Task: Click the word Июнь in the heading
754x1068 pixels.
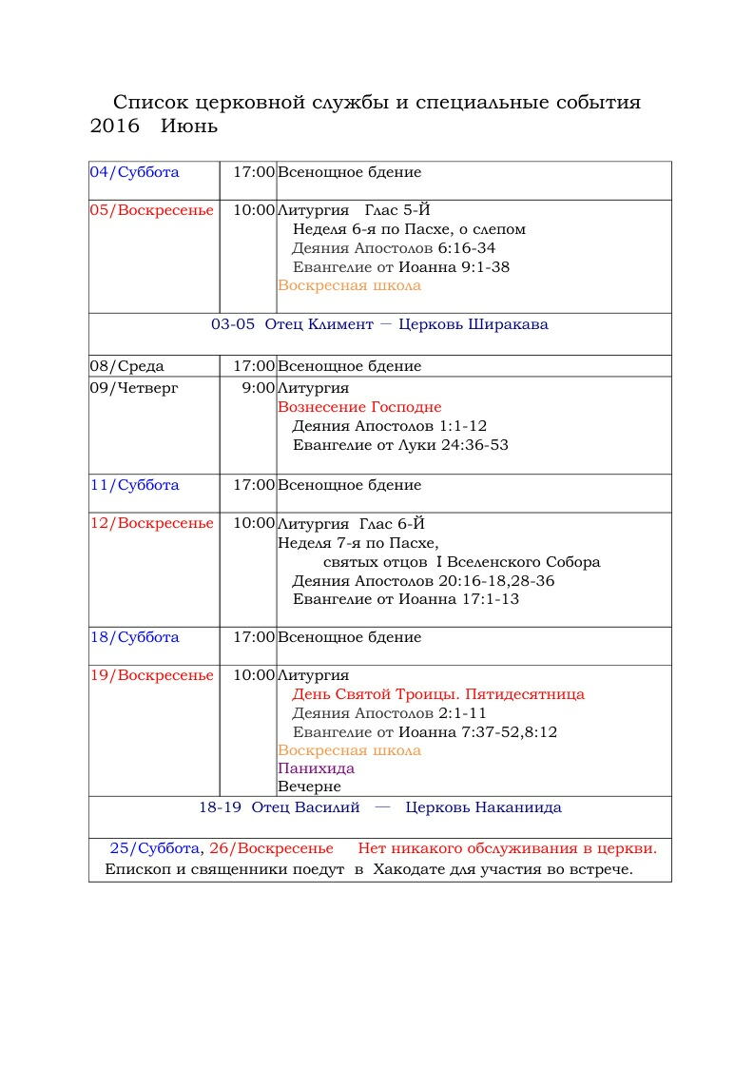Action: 189,126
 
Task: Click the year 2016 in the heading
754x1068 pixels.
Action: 114,126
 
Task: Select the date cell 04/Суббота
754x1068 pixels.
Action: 134,172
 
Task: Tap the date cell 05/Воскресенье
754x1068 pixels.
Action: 152,210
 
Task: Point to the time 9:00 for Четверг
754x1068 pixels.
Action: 258,388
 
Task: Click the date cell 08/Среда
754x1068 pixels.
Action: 126,366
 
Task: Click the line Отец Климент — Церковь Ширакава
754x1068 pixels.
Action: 379,324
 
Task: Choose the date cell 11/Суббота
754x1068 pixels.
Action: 134,485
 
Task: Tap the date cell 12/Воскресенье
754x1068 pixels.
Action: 152,523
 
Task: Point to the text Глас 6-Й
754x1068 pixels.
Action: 392,523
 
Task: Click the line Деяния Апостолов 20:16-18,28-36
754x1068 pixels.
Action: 423,580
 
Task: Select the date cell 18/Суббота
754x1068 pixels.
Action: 134,637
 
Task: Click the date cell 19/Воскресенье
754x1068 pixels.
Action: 152,675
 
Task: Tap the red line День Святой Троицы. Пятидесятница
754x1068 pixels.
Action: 438,694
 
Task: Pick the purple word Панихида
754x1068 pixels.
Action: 316,768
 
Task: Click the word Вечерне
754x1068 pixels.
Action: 309,786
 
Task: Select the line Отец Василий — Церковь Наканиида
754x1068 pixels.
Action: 379,807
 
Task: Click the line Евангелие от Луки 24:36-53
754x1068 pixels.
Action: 400,445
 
